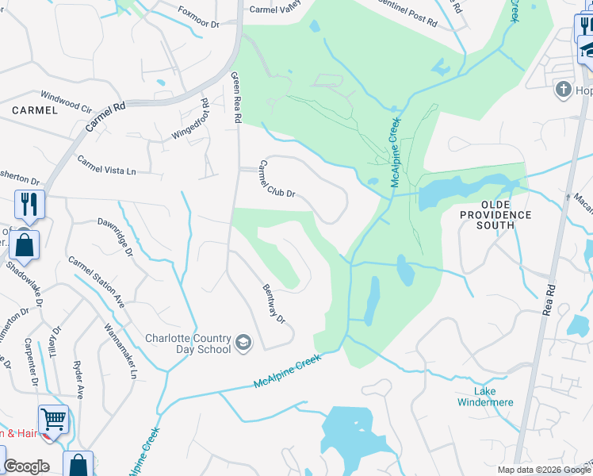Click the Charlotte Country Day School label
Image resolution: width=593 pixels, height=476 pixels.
coord(188,344)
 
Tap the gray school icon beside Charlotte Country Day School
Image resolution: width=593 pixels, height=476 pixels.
coord(243,344)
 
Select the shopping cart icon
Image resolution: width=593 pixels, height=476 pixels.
coord(53,418)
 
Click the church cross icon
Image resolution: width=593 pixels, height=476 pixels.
coord(564,89)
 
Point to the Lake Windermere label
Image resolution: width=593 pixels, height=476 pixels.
coord(485,397)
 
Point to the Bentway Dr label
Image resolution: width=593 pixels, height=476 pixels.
coord(272,303)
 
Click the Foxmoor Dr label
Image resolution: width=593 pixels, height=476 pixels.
coord(198,18)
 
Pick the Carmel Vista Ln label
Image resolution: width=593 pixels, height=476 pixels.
coord(106,165)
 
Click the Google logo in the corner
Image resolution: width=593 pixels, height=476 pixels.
coord(26,466)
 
